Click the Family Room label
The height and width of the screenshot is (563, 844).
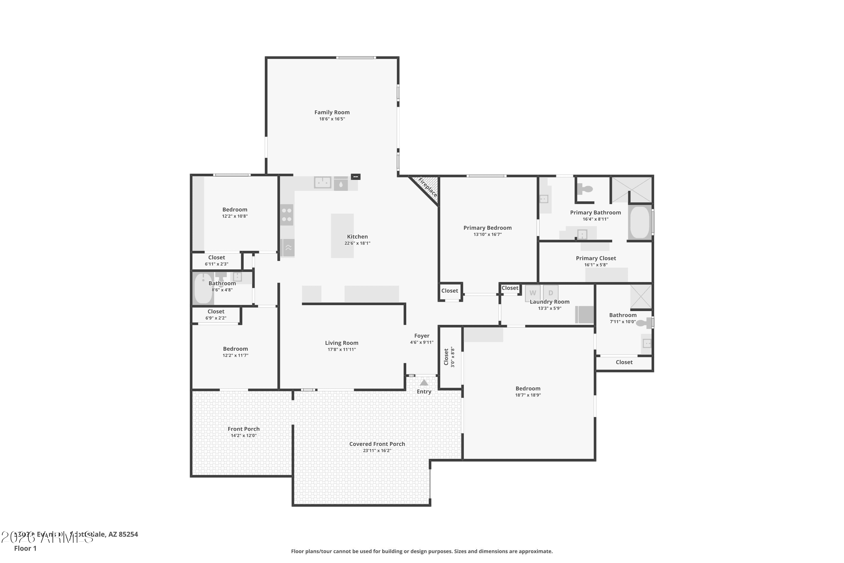point(332,112)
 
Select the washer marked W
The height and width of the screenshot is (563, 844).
point(533,293)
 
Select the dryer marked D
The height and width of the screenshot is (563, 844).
point(551,293)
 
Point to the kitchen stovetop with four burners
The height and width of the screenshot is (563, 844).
point(287,215)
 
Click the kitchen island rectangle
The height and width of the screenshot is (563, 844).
point(342,236)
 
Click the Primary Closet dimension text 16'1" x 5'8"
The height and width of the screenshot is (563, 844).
point(596,265)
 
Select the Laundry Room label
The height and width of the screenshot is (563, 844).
point(549,301)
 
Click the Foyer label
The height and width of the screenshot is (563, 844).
point(422,336)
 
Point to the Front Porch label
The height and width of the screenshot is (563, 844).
point(243,429)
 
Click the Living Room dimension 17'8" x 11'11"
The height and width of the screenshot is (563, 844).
point(341,349)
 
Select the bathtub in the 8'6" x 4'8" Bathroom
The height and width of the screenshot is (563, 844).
point(203,288)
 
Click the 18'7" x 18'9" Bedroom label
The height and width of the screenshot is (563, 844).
point(528,388)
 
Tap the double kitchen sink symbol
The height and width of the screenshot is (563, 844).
point(322,182)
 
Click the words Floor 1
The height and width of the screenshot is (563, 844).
point(25,548)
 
